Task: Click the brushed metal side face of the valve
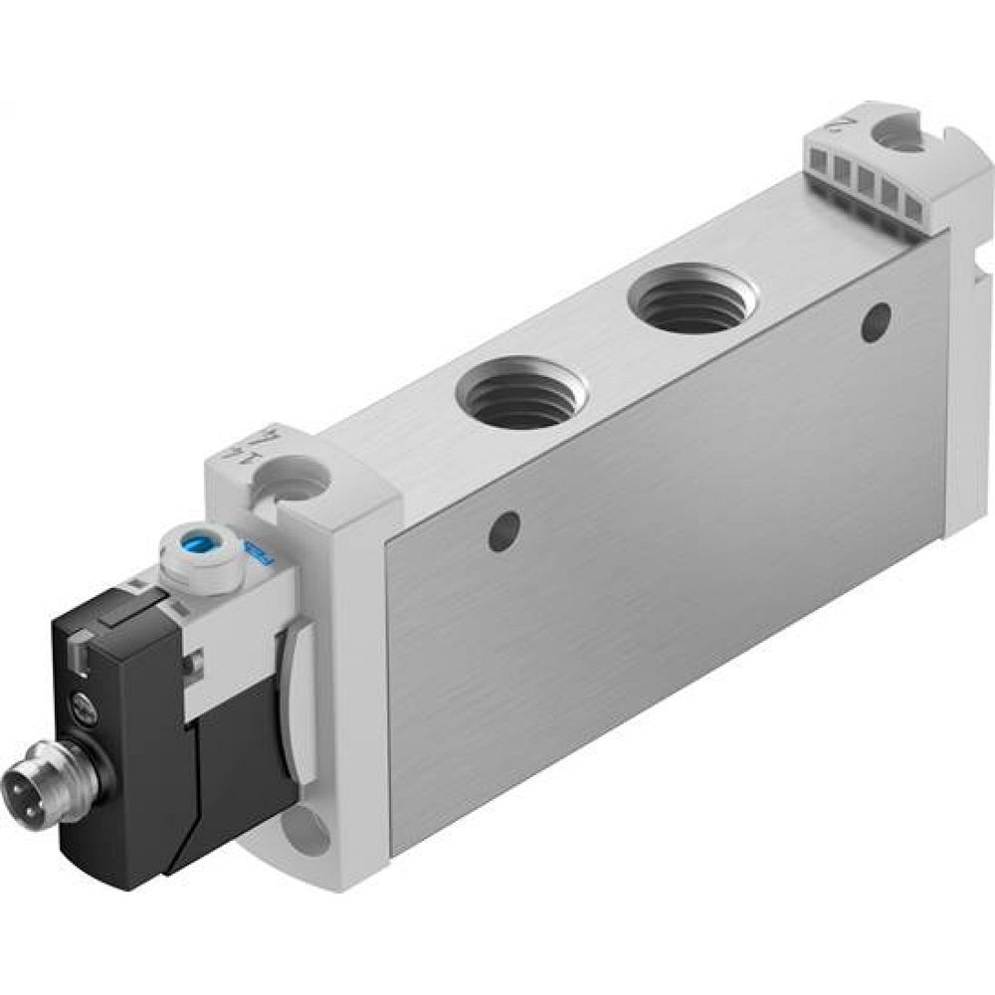coord(657,587)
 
